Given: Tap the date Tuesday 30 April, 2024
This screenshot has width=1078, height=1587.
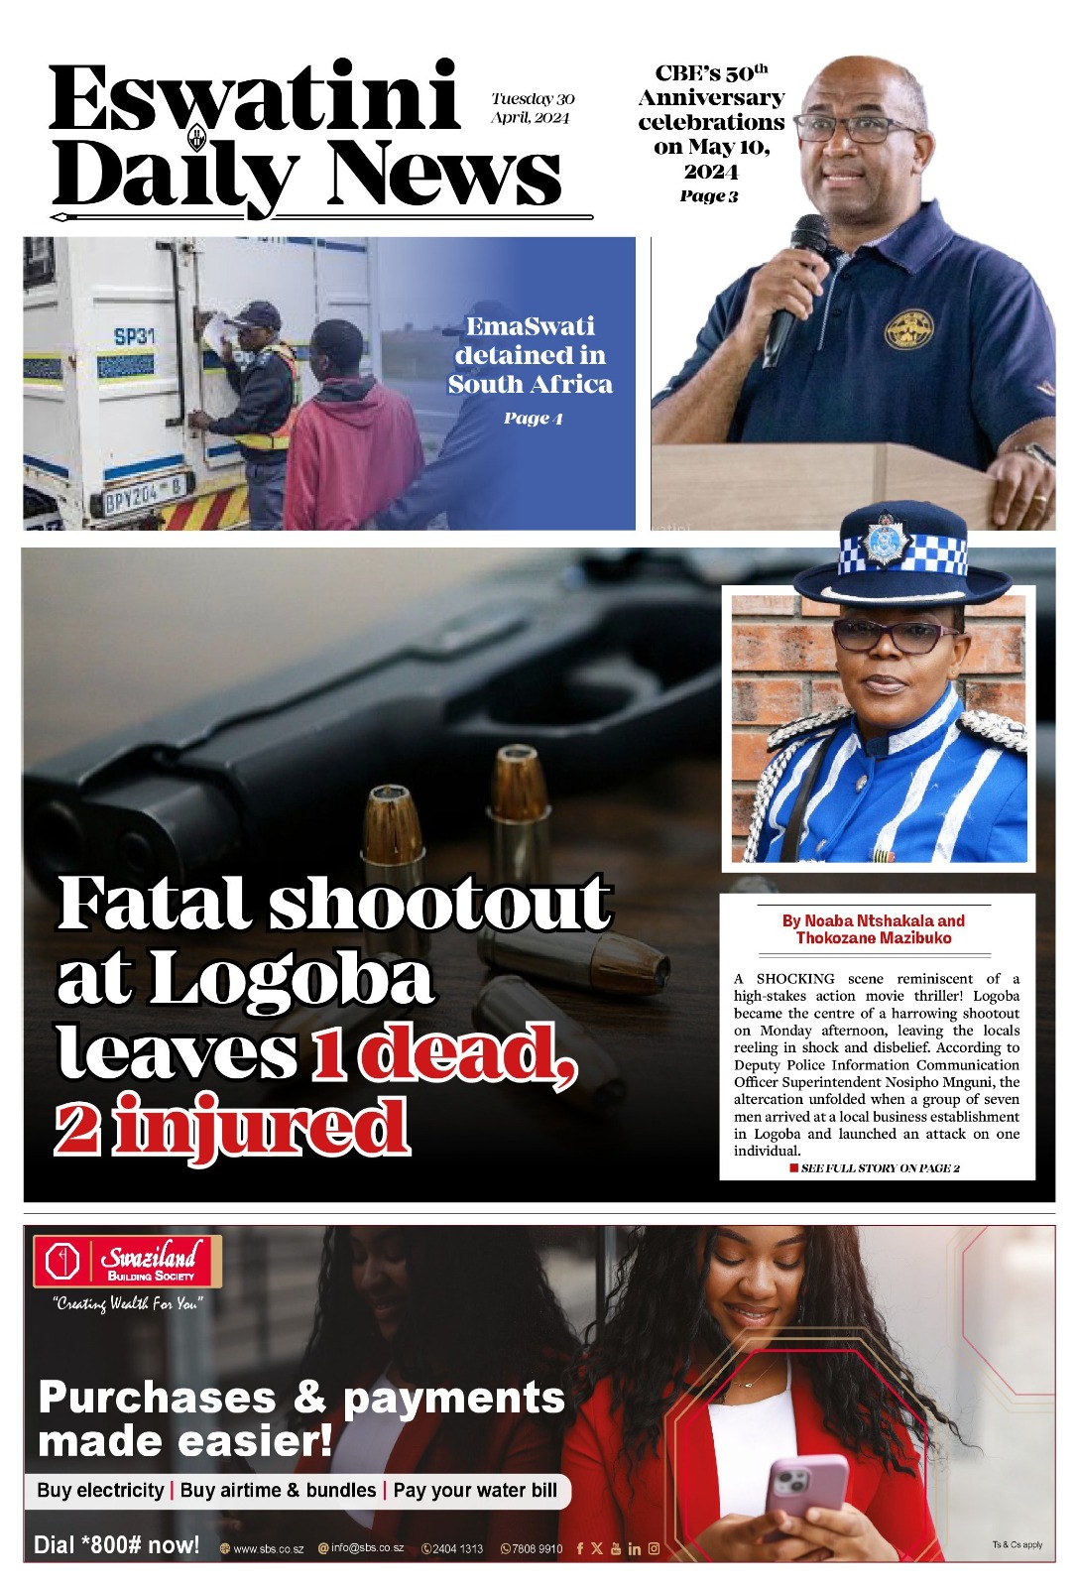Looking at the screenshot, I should pos(532,107).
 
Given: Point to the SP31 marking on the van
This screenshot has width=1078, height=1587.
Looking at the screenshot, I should pos(134,336).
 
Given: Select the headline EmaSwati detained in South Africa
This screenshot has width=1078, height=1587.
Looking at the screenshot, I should pos(530,355).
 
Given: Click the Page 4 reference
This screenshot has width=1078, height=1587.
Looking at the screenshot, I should pos(533,418).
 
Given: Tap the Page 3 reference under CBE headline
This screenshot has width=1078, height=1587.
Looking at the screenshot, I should pos(709,195).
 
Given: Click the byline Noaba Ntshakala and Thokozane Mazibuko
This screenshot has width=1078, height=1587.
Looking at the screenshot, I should pos(874,929).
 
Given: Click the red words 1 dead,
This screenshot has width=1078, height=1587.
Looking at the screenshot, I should pos(442,1053).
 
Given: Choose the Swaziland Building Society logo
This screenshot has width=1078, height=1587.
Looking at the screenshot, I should pos(126,1261).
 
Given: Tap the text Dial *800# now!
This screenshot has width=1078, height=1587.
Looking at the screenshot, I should pos(117,1544).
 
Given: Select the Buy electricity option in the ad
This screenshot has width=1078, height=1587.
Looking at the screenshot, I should pos(100,1490).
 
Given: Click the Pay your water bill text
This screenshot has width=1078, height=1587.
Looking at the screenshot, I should pos(475,1490).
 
